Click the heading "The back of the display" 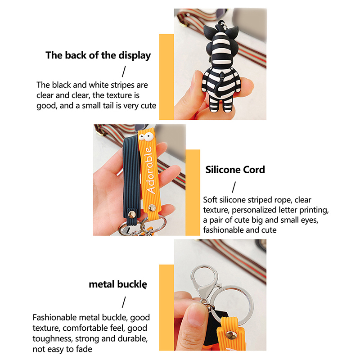tap(98, 55)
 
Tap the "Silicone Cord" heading tap(235, 170)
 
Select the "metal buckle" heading tap(118, 284)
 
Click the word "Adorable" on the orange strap tap(150, 170)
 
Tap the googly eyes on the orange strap tap(146, 137)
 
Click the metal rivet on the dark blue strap tap(132, 215)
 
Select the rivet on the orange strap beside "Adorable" tap(152, 207)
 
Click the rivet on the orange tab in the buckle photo tap(231, 335)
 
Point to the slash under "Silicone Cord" tap(234, 187)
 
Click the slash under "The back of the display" tap(124, 72)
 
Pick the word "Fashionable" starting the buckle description tap(54, 318)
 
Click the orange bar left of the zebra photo tap(166, 76)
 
